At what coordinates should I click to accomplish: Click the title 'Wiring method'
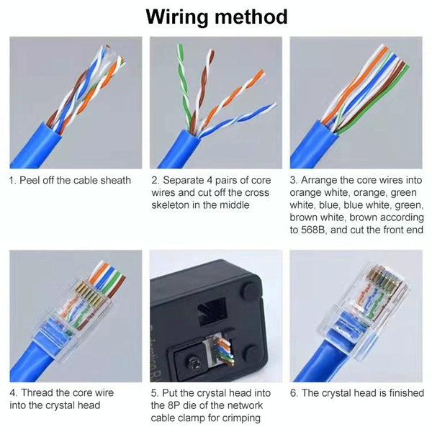pyautogui.click(x=216, y=16)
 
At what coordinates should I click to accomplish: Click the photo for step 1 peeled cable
pyautogui.click(x=75, y=102)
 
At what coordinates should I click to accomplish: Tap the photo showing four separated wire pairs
pyautogui.click(x=216, y=102)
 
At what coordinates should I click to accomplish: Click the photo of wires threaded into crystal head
pyautogui.click(x=75, y=315)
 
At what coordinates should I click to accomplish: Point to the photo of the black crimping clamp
pyautogui.click(x=216, y=315)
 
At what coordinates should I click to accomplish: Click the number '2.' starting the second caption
pyautogui.click(x=155, y=180)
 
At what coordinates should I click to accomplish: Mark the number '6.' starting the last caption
pyautogui.click(x=294, y=393)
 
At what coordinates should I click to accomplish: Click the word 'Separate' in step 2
pyautogui.click(x=185, y=180)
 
